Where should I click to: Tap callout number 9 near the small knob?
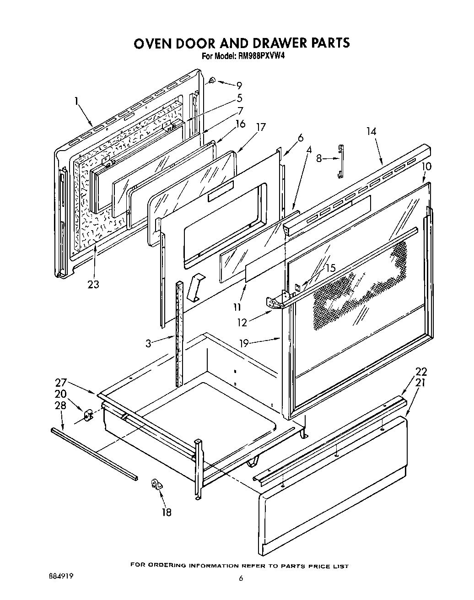click(x=239, y=86)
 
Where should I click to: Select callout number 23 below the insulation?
click(x=93, y=285)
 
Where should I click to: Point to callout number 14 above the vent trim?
click(x=371, y=131)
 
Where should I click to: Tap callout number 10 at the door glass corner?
click(x=426, y=166)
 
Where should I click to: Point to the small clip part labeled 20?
click(x=88, y=415)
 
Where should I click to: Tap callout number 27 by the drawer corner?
click(x=61, y=383)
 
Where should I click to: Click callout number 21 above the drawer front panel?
click(x=420, y=383)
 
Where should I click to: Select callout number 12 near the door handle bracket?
click(x=242, y=323)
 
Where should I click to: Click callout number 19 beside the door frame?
click(x=244, y=343)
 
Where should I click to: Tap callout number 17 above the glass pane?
click(x=261, y=127)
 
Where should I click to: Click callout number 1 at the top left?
click(x=76, y=102)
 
